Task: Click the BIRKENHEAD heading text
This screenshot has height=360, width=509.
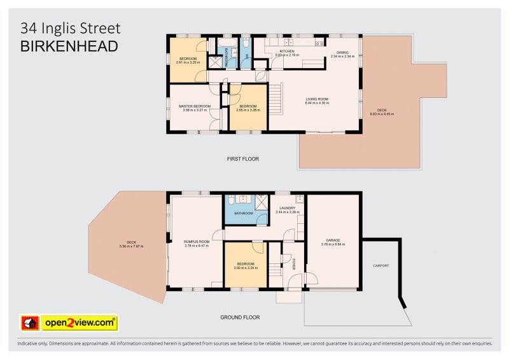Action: (69, 46)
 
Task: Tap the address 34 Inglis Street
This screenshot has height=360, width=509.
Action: (70, 28)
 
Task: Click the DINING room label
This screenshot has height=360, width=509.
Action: (342, 53)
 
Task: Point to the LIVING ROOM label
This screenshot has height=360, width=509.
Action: (316, 99)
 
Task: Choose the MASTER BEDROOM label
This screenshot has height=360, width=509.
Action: (194, 106)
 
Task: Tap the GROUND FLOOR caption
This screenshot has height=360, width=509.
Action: (240, 317)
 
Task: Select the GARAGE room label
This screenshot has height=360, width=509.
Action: (333, 240)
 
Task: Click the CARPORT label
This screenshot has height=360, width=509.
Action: (381, 265)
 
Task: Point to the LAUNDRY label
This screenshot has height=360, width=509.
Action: (286, 207)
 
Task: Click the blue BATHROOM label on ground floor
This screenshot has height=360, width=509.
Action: (243, 213)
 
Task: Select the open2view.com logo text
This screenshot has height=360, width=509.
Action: (80, 323)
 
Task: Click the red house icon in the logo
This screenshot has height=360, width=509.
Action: (30, 323)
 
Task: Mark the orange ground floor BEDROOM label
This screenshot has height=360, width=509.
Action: (245, 263)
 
